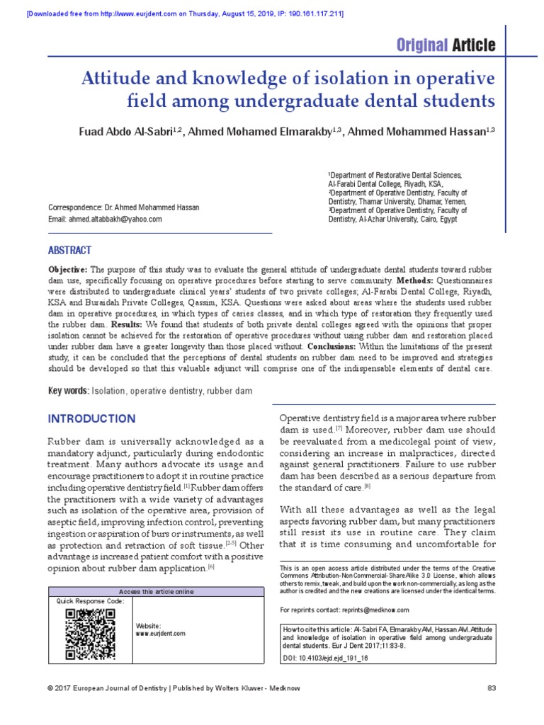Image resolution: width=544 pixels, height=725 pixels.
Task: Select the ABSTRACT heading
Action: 69,251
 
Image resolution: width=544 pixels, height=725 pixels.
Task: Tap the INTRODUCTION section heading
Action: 91,418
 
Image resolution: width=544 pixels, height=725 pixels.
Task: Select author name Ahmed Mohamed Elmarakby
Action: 254,134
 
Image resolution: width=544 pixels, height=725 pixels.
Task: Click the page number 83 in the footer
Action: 492,688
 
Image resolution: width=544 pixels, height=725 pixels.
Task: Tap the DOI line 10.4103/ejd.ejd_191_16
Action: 325,658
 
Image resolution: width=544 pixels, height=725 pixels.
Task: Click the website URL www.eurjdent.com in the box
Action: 161,634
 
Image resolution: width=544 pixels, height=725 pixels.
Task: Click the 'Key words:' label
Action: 68,392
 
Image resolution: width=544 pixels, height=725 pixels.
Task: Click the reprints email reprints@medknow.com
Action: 375,610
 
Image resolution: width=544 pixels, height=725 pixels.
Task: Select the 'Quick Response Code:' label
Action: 90,601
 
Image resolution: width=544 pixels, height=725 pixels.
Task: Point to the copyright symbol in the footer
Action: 50,688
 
